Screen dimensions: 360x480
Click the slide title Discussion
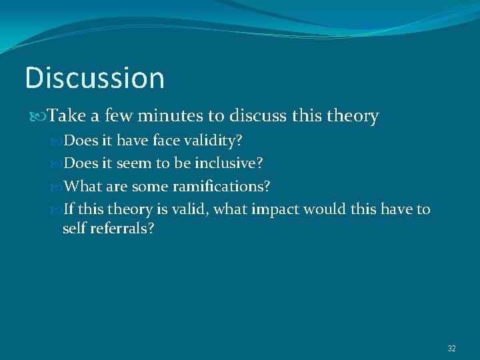coord(95,78)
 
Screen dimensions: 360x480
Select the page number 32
coord(451,349)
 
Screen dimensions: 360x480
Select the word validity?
coord(217,141)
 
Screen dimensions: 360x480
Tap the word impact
coord(276,209)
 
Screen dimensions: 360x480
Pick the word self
coord(75,229)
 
